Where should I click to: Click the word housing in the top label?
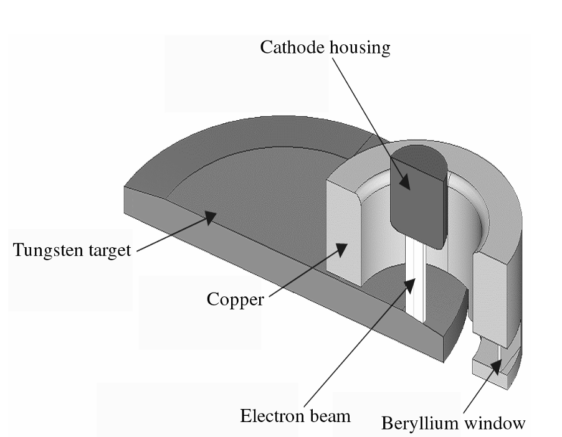[x=360, y=49]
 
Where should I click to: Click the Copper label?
[x=235, y=299]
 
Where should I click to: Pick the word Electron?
[x=271, y=416]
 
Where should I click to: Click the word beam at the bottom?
[x=328, y=416]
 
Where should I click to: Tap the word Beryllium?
[x=421, y=424]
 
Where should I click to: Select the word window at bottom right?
[x=495, y=423]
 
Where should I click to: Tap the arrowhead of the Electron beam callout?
[x=410, y=284]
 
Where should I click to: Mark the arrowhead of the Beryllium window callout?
[x=496, y=367]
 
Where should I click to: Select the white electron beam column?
[x=416, y=280]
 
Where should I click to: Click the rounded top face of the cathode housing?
[x=419, y=157]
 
